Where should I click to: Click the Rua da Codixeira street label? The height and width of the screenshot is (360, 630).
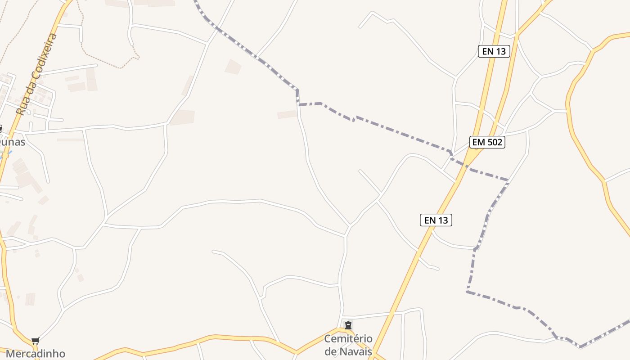coord(37,74)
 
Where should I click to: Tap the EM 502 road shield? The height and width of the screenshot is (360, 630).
coord(487,143)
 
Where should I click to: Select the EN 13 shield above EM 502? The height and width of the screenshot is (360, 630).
coord(494,51)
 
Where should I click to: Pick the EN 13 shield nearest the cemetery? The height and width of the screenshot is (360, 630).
coord(436,220)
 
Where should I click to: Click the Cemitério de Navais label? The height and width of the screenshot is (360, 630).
coord(348,345)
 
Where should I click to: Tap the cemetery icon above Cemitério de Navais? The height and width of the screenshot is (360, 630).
coord(348,325)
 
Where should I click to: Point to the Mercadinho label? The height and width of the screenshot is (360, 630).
coord(35,354)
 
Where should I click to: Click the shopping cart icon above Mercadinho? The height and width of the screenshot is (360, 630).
coord(35,341)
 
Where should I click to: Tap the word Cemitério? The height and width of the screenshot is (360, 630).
coord(348,339)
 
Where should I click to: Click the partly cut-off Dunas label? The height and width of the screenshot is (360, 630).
coord(12,142)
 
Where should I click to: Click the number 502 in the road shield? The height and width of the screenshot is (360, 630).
coord(494,143)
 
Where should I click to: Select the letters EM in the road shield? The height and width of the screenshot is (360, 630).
coord(478,143)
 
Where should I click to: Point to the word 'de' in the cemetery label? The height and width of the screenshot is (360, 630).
coord(331,351)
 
